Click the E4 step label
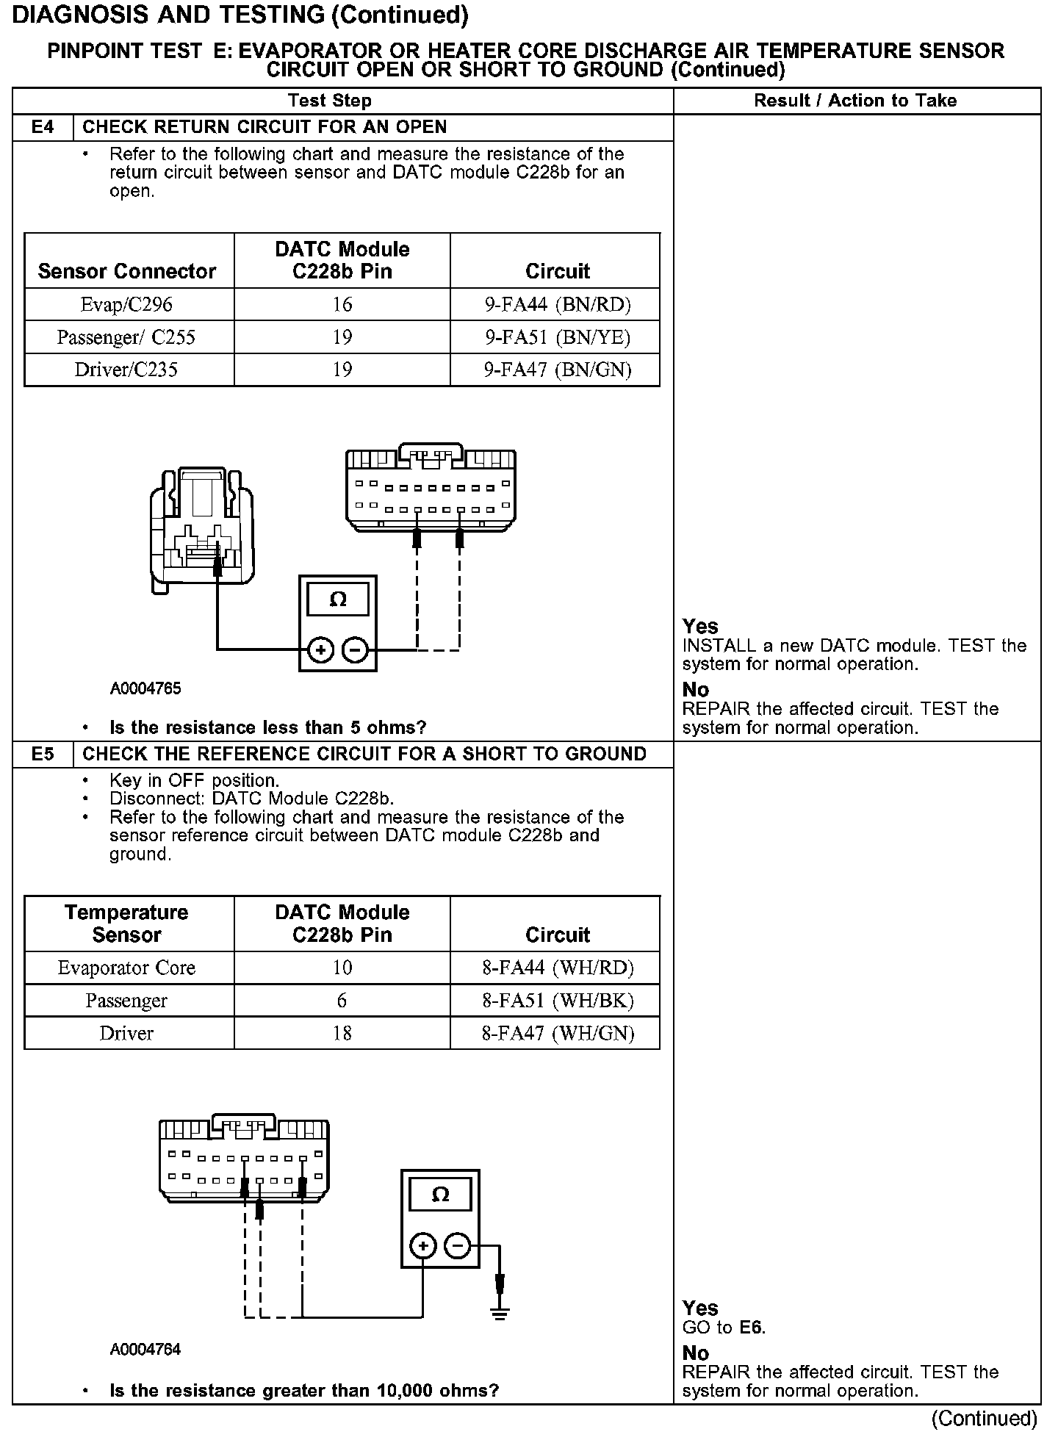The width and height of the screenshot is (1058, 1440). click(43, 127)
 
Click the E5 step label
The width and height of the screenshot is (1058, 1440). click(43, 754)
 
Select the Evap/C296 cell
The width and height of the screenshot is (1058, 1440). click(126, 304)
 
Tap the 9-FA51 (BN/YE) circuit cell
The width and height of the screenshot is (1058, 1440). click(557, 337)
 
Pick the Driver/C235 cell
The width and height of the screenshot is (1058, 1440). click(126, 370)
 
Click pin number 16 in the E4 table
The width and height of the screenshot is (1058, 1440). click(342, 304)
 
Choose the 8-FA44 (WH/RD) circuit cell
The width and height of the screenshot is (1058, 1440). click(557, 968)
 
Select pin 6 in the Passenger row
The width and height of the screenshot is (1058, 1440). click(342, 1000)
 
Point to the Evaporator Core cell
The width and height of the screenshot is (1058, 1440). click(126, 968)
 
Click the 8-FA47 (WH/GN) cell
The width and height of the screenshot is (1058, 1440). click(557, 1033)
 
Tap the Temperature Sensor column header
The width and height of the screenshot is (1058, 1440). click(126, 924)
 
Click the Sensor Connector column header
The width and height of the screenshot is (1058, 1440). click(126, 271)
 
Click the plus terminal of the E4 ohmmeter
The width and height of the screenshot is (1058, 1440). click(321, 649)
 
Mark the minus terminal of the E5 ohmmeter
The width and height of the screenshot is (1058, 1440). click(458, 1246)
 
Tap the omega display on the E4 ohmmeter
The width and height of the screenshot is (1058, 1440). click(338, 600)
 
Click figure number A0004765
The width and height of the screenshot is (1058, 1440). click(145, 688)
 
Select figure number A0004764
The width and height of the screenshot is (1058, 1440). click(145, 1350)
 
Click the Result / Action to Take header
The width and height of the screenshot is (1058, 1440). click(855, 101)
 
